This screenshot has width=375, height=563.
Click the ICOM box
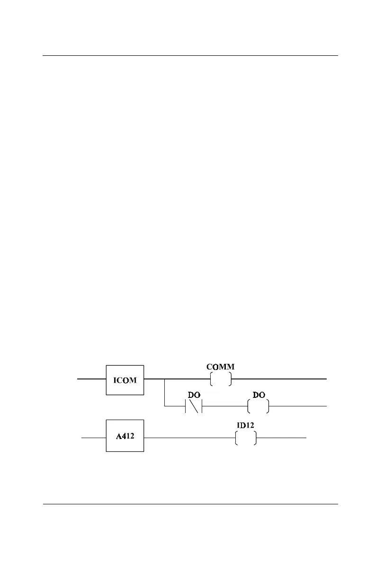[x=125, y=379]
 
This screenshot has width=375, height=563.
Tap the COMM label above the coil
[x=221, y=367]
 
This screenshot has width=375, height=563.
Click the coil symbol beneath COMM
[x=221, y=379]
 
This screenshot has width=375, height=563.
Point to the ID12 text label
[x=246, y=425]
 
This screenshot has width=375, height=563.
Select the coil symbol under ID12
[x=246, y=439]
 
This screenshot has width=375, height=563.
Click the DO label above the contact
[x=194, y=395]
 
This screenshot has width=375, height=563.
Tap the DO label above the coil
[x=259, y=395]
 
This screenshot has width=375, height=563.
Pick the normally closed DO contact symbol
[x=194, y=406]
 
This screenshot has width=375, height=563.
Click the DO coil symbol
[x=259, y=406]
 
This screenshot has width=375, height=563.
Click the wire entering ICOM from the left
[x=91, y=379]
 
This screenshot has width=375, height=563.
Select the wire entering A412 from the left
[x=93, y=439]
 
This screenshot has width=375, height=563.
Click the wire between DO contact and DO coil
[x=225, y=406]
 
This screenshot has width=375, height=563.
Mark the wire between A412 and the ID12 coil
[x=189, y=439]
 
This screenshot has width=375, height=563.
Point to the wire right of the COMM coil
[x=279, y=379]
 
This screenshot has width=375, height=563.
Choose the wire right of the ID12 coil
[x=282, y=439]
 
